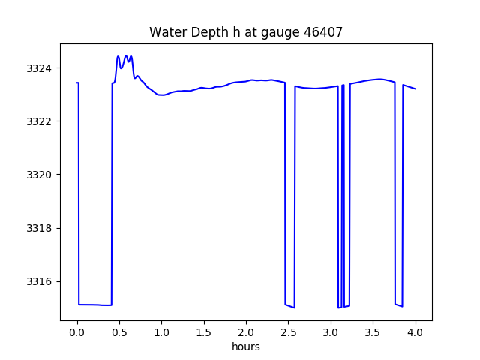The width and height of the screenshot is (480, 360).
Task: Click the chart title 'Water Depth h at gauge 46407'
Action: [245, 32]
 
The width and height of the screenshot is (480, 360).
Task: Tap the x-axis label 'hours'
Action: [246, 346]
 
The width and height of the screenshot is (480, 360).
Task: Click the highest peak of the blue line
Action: [118, 56]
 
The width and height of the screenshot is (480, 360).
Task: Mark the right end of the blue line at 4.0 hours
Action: [415, 89]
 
